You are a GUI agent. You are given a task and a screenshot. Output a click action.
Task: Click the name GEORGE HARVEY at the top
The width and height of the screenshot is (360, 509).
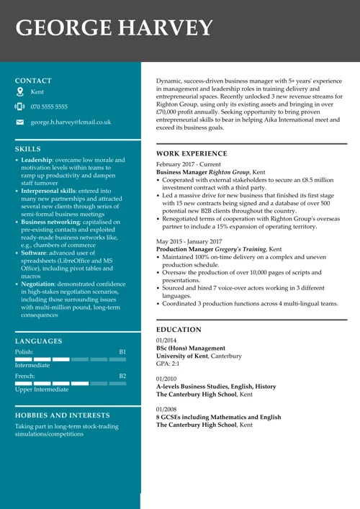(114, 28)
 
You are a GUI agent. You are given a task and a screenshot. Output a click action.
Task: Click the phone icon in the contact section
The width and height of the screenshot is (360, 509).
(19, 107)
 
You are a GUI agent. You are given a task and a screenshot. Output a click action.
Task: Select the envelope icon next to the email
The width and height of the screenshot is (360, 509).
(19, 122)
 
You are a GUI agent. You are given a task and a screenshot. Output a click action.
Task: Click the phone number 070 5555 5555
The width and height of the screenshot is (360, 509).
(49, 107)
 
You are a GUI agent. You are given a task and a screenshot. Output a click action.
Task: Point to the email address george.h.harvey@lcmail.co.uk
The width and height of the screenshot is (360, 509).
(71, 122)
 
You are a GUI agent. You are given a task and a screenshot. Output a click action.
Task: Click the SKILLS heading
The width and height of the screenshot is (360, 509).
(28, 149)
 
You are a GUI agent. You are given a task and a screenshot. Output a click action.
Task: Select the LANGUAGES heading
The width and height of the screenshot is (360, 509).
(38, 341)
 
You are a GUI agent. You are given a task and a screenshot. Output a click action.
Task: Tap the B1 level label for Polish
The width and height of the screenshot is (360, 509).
(122, 352)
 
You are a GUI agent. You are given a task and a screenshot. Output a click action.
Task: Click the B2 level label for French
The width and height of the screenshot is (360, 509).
(122, 376)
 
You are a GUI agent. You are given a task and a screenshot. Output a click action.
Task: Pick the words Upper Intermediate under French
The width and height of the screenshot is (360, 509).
(42, 389)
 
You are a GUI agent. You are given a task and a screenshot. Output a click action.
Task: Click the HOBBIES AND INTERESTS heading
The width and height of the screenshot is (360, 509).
(63, 415)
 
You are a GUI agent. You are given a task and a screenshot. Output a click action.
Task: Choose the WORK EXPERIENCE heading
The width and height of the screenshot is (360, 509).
(191, 153)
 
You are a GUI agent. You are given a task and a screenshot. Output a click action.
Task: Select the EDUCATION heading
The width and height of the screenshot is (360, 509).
(179, 330)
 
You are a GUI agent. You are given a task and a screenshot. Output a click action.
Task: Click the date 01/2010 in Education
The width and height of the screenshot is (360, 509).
(166, 378)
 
